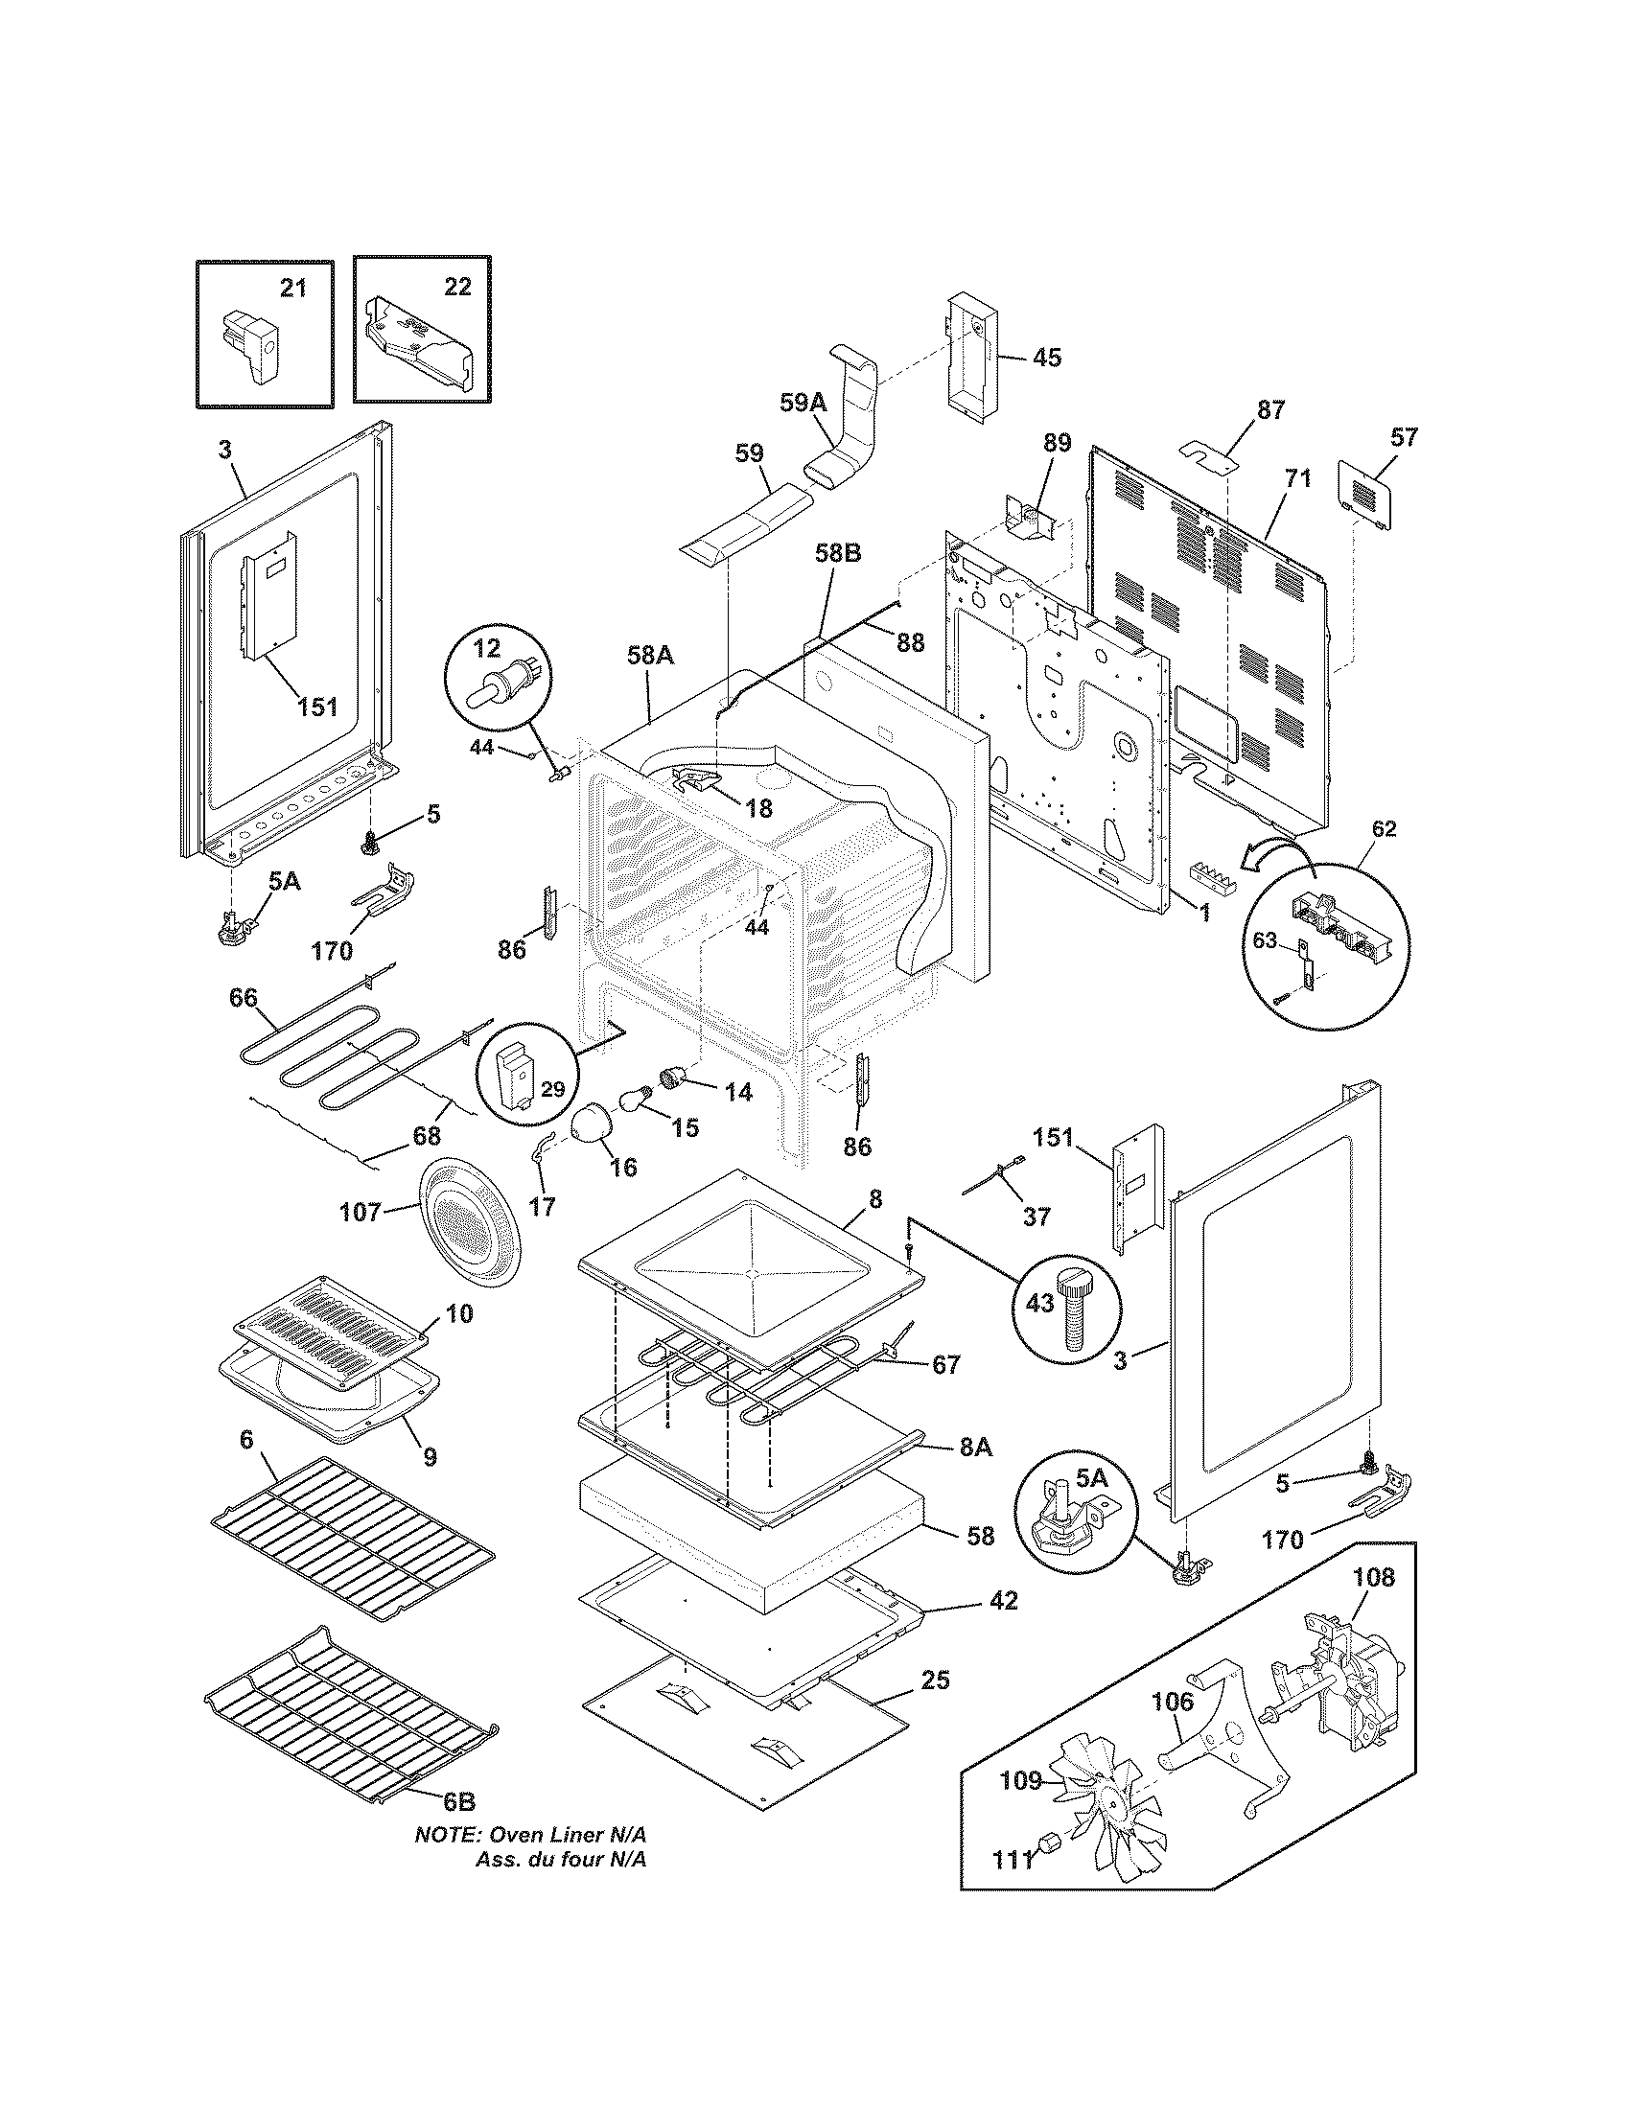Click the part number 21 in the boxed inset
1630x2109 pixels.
pyautogui.click(x=292, y=288)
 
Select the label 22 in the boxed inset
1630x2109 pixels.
pyautogui.click(x=457, y=287)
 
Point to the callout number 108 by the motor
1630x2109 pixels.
pyautogui.click(x=1373, y=1577)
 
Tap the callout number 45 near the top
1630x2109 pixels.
pyautogui.click(x=1047, y=358)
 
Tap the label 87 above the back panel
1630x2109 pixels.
pyautogui.click(x=1270, y=409)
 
